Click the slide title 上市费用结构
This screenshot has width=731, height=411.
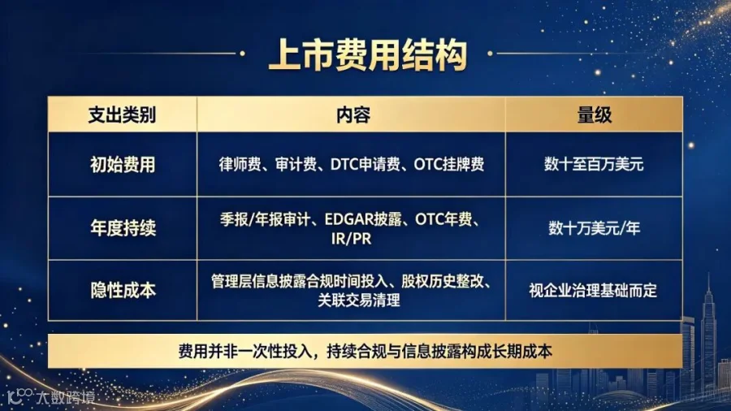click(x=368, y=55)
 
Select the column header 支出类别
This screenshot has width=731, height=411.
click(x=122, y=115)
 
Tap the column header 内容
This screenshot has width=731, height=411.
click(x=353, y=115)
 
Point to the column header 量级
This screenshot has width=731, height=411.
click(x=594, y=115)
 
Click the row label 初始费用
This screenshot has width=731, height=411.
click(x=123, y=165)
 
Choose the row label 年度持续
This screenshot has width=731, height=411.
click(x=123, y=228)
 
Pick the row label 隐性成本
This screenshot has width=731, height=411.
click(x=123, y=290)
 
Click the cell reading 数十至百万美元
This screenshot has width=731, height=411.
click(x=594, y=164)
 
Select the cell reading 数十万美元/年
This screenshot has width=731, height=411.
click(x=594, y=228)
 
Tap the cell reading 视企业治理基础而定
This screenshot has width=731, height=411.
click(x=593, y=290)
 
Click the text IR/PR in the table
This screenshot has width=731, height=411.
click(x=351, y=239)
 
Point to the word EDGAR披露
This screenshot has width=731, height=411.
click(x=363, y=219)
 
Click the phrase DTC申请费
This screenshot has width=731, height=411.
click(x=365, y=164)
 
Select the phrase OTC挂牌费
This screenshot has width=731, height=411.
click(x=449, y=164)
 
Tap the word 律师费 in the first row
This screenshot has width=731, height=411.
click(x=240, y=164)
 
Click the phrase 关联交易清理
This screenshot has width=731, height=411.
click(x=358, y=300)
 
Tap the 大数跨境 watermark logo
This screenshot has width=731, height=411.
click(x=51, y=397)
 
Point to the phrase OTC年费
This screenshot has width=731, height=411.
click(x=443, y=219)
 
